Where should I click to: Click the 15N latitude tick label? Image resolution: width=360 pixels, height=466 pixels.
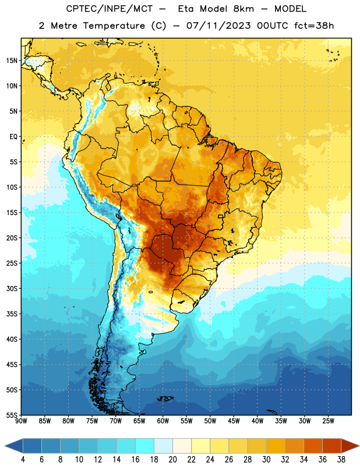click(12, 61)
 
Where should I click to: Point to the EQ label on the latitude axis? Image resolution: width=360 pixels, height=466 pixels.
click(13, 137)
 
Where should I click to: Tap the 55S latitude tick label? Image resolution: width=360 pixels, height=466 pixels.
click(12, 415)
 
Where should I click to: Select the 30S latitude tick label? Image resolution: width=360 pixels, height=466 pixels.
click(12, 288)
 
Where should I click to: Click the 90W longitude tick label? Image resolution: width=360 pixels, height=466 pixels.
click(21, 421)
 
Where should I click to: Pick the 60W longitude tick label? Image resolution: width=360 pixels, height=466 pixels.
click(163, 421)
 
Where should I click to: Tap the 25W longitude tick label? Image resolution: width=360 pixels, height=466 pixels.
click(328, 421)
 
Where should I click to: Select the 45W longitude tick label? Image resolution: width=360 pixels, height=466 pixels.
click(234, 421)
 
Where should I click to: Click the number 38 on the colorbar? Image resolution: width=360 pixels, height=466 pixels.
click(341, 460)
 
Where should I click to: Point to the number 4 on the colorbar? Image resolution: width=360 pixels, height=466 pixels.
click(23, 460)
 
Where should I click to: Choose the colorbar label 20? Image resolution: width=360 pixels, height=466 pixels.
click(172, 460)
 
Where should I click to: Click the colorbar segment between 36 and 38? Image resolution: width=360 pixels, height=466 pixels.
click(332, 446)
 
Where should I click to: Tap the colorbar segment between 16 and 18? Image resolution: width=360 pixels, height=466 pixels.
click(145, 446)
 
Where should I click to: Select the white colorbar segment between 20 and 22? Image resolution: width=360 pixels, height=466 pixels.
click(182, 446)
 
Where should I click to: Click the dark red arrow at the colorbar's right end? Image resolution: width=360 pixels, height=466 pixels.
click(350, 446)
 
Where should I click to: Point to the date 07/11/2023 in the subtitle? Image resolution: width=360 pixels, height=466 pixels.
click(218, 26)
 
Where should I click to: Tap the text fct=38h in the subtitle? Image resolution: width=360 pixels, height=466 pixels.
click(314, 26)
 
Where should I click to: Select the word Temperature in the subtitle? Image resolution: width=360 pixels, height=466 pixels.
click(114, 26)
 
